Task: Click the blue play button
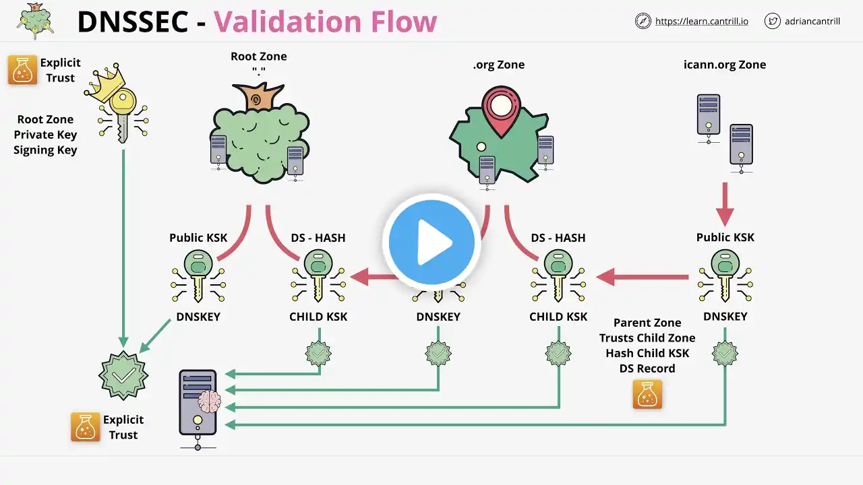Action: (x=431, y=243)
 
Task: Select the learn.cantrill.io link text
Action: (x=701, y=21)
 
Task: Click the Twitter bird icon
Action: (x=773, y=21)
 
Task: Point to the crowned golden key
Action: (x=116, y=107)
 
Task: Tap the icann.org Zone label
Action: (x=724, y=65)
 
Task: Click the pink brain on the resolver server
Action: (x=209, y=401)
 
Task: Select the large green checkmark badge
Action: (x=123, y=375)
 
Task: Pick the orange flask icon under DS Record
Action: (x=647, y=394)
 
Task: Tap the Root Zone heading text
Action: (x=258, y=57)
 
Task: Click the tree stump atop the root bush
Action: (x=256, y=99)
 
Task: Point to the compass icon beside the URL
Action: (x=643, y=21)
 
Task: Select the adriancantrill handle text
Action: (x=812, y=21)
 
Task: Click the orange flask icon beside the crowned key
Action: (x=22, y=70)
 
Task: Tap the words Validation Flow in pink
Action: (x=325, y=22)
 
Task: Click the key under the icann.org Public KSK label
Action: (x=725, y=275)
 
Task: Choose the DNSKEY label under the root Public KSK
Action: (x=198, y=317)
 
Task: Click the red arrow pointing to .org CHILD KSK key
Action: (x=641, y=276)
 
